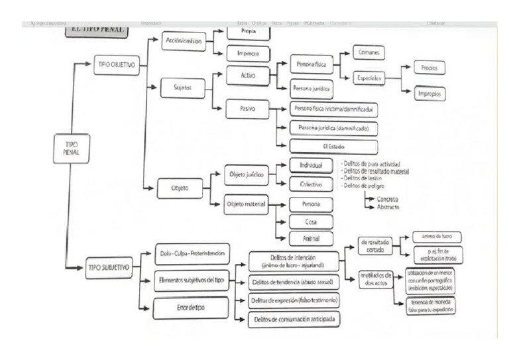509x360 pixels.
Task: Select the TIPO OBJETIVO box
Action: coord(116,65)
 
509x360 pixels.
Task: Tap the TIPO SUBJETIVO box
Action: coord(109,268)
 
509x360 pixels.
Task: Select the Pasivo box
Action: coord(247,108)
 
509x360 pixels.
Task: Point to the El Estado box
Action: coord(333,147)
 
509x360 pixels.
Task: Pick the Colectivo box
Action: coord(311,185)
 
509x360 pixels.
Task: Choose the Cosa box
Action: coord(311,222)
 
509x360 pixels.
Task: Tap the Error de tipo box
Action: coord(190,308)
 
